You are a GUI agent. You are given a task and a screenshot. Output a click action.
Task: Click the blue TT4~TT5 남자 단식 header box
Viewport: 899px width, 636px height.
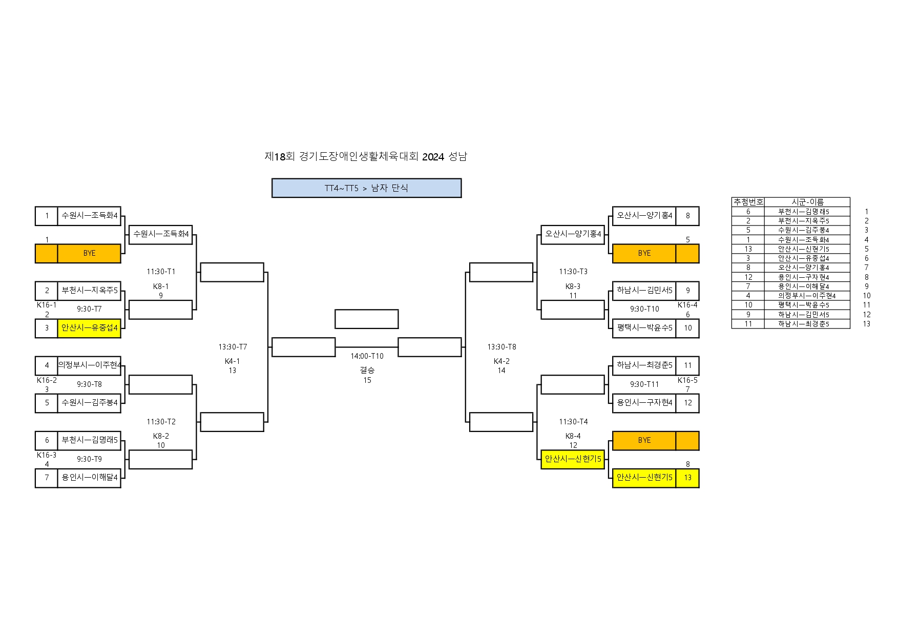(x=366, y=188)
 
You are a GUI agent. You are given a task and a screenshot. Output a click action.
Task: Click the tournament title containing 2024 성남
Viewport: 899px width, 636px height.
(x=366, y=156)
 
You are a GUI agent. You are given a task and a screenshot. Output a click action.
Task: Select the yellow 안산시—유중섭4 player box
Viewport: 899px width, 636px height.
(x=89, y=328)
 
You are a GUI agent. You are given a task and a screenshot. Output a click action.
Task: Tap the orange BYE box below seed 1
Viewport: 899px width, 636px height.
(x=89, y=253)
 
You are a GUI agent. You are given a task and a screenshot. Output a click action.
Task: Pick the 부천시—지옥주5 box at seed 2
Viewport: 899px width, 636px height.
(x=89, y=291)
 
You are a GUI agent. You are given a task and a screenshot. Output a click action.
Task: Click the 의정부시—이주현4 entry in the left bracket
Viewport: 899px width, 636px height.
(x=89, y=365)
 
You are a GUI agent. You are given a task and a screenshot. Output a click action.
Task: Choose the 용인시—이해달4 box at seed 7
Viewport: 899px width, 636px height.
(x=89, y=478)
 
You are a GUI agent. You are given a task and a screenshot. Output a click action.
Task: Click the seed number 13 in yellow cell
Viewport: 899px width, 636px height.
(x=687, y=478)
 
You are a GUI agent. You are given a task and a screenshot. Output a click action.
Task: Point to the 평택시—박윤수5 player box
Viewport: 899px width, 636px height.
(x=644, y=328)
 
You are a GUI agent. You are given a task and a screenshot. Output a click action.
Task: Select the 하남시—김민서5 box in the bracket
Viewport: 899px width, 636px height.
(x=644, y=291)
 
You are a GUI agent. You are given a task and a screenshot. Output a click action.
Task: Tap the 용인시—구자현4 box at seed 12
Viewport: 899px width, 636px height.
(x=644, y=403)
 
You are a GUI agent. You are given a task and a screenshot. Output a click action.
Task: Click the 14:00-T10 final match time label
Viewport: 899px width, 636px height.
(x=367, y=356)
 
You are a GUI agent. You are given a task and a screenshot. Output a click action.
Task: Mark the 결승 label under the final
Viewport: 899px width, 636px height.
(x=367, y=370)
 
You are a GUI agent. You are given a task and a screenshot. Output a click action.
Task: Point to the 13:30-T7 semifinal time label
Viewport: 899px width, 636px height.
(x=233, y=347)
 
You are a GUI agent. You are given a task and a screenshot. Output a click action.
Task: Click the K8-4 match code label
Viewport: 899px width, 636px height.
(x=573, y=436)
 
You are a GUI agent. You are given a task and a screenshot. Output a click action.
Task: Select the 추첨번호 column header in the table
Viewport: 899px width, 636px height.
(x=748, y=202)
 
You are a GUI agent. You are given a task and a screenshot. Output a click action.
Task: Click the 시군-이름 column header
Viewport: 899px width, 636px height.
(x=807, y=202)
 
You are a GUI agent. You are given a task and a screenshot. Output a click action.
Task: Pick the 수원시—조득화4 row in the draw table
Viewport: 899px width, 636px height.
(x=803, y=239)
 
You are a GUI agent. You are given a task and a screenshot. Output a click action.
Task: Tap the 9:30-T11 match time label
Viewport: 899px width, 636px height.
(x=644, y=384)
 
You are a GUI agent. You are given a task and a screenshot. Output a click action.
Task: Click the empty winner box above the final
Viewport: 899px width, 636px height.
(x=366, y=319)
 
